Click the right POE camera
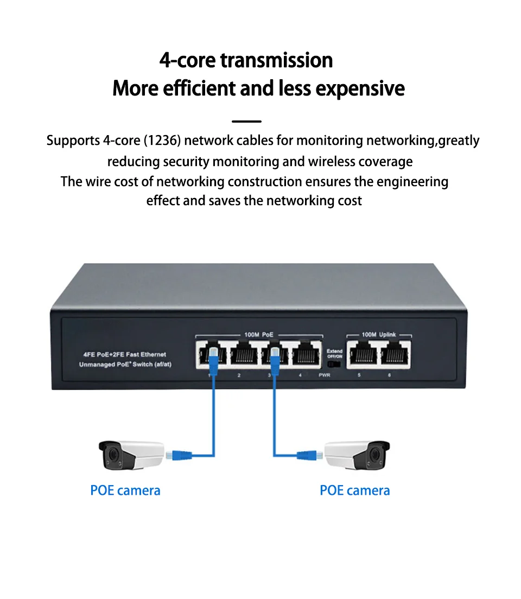coord(357,455)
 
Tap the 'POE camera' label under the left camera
coord(125,490)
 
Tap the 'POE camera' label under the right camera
coord(355,490)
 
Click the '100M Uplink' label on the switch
coord(379,334)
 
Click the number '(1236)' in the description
coord(163,141)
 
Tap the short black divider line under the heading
coord(246,122)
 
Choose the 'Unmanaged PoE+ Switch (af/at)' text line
coord(125,364)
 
